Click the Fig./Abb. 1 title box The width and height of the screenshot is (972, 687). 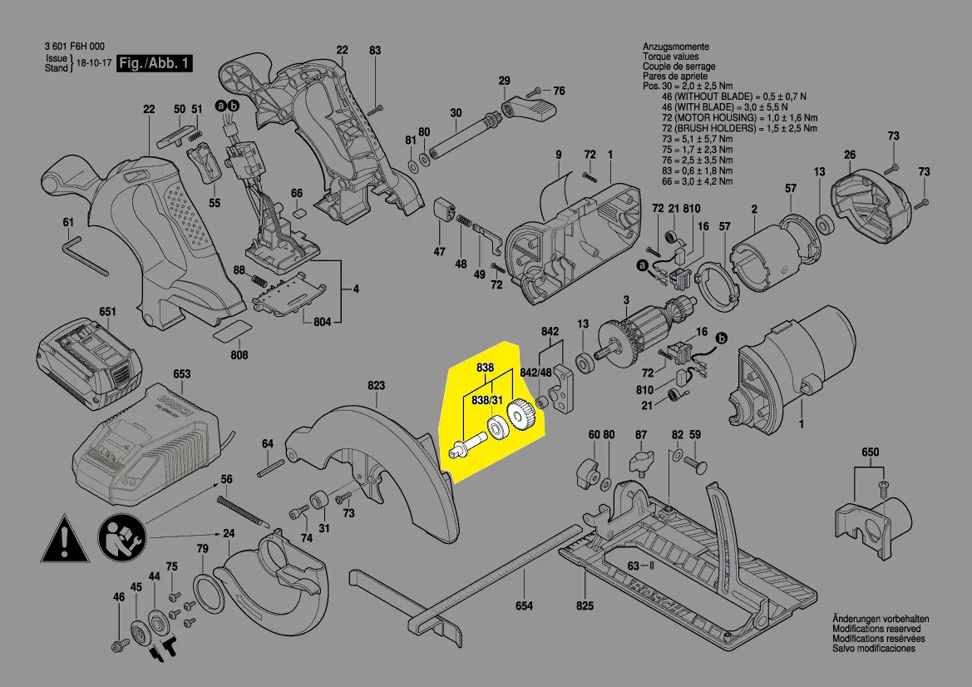click(x=155, y=64)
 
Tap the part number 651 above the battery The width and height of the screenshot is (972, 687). click(x=108, y=312)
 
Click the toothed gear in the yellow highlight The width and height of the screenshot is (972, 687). click(x=521, y=413)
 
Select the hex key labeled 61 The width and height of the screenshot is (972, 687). click(x=83, y=254)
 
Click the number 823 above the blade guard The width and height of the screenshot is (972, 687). click(x=376, y=385)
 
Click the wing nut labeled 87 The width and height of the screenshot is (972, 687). click(x=641, y=460)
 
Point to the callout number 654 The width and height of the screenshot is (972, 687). click(x=524, y=605)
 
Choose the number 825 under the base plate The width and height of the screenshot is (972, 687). click(x=585, y=605)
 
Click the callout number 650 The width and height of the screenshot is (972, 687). click(x=870, y=452)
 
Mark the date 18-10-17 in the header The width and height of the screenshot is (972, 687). click(x=93, y=63)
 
